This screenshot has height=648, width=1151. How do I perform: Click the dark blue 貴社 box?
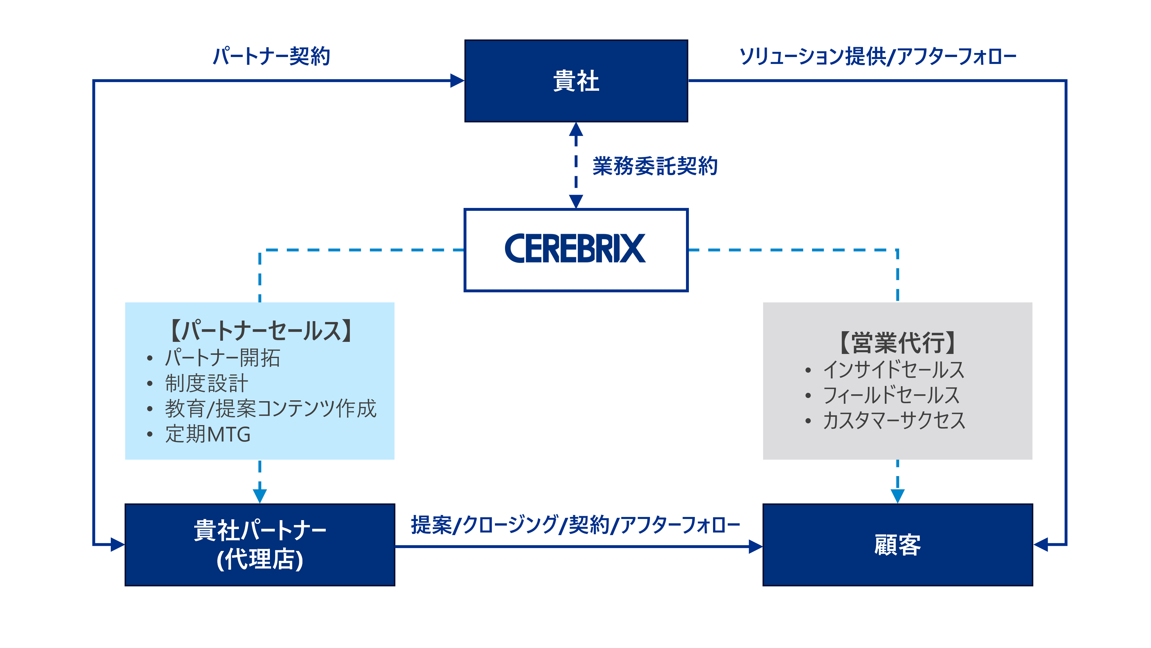click(x=576, y=81)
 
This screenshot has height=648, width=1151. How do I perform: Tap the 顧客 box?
click(x=897, y=545)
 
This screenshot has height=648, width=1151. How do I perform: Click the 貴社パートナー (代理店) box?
click(x=260, y=545)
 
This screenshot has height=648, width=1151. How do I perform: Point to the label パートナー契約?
click(x=271, y=56)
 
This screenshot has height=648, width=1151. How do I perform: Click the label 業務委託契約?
click(x=655, y=166)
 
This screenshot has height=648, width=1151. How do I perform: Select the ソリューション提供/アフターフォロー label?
click(x=878, y=56)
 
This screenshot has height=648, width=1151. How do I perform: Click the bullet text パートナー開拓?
click(x=222, y=358)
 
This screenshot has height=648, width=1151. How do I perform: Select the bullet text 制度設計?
click(x=206, y=383)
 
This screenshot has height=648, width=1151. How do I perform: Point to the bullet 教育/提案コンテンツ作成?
click(x=270, y=408)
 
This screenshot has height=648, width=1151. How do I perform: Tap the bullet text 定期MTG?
click(x=208, y=434)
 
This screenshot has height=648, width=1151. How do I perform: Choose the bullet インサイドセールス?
click(x=894, y=370)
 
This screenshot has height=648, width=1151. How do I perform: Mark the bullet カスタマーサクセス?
click(x=894, y=420)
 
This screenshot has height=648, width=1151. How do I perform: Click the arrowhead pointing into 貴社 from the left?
click(x=457, y=81)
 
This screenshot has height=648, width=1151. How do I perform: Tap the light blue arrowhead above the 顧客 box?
click(x=897, y=495)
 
